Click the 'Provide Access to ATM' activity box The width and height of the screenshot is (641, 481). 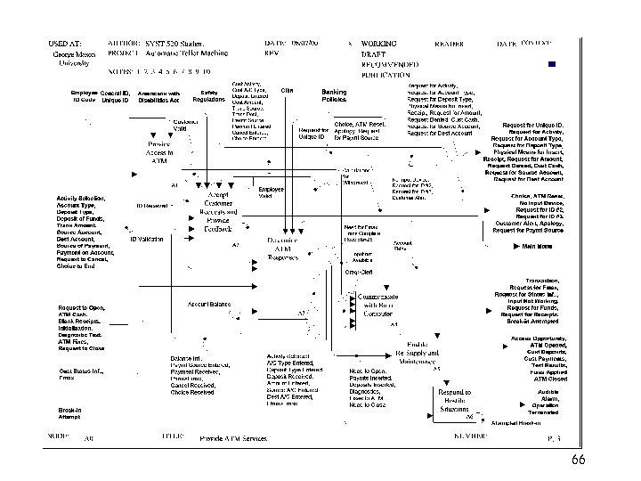(x=159, y=152)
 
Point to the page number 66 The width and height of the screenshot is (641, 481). (x=578, y=460)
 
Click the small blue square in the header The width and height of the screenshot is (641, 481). (x=552, y=63)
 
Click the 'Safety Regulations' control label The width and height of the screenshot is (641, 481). (x=209, y=96)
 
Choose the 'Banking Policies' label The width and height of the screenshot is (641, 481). (x=334, y=95)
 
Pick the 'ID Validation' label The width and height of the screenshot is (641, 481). (x=147, y=240)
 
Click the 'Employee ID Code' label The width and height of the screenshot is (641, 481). (x=83, y=96)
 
